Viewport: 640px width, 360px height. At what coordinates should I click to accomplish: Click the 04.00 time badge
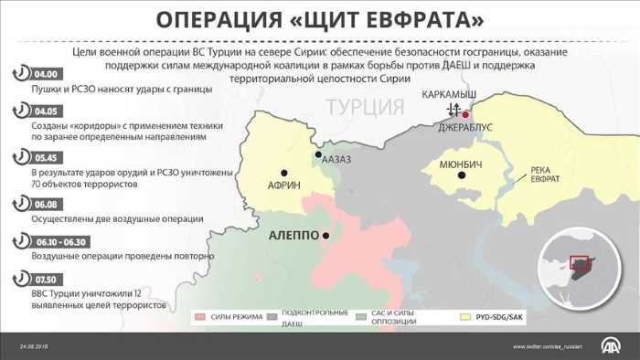tap(45, 73)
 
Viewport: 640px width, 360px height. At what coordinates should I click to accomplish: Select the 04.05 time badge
tap(45, 111)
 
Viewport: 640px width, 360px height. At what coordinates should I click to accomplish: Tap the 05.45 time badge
tap(45, 156)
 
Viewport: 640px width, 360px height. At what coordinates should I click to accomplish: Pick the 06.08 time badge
tap(45, 204)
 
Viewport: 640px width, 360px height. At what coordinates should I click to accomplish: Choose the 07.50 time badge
tap(45, 278)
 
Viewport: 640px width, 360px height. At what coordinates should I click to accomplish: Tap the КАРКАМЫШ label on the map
tap(449, 94)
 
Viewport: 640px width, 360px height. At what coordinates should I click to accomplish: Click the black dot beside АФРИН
tap(284, 172)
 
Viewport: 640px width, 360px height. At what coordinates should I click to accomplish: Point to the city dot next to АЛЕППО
tap(325, 236)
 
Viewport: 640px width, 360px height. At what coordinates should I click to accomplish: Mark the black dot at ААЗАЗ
tap(318, 155)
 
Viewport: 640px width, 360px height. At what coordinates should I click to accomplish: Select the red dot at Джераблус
tap(465, 114)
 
